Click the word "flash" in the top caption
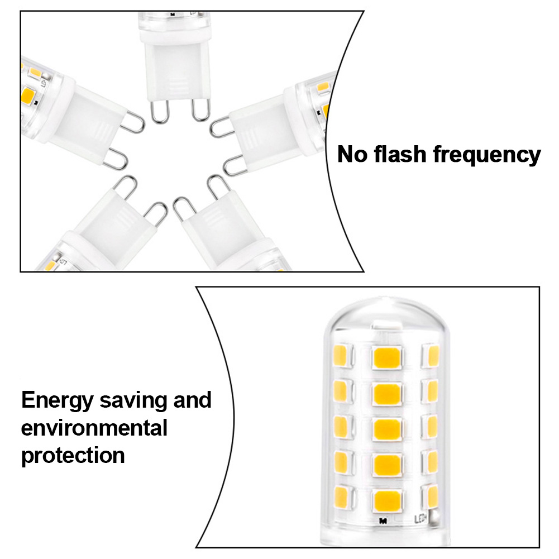click(400, 154)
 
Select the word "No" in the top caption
click(352, 154)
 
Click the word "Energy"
click(57, 401)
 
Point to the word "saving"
click(133, 401)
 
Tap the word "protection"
click(73, 456)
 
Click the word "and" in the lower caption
click(192, 399)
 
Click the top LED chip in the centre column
click(387, 357)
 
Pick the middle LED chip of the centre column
click(387, 429)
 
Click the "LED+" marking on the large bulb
click(421, 519)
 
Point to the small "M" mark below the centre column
click(383, 521)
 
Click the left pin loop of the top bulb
click(159, 111)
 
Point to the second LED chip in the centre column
click(387, 393)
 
